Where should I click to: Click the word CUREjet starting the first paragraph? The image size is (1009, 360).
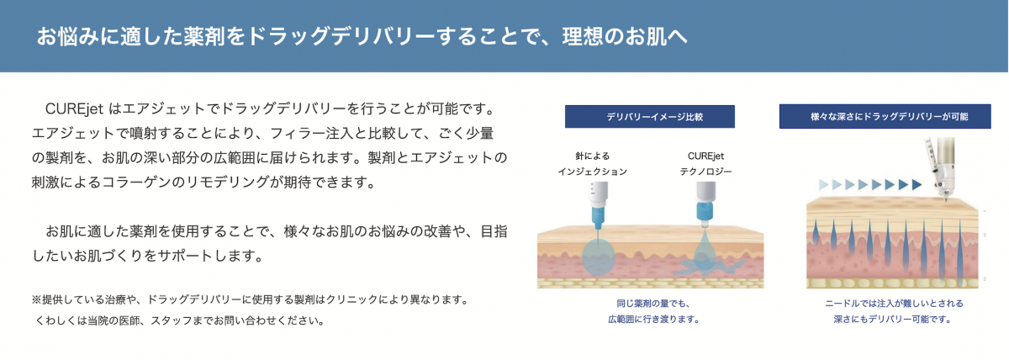(x=74, y=109)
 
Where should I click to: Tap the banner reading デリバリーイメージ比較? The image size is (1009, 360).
(x=649, y=117)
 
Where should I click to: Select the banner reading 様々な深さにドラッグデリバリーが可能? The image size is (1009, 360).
(x=885, y=116)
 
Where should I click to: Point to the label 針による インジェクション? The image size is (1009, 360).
(x=592, y=163)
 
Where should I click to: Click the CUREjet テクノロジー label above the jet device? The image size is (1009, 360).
(x=705, y=163)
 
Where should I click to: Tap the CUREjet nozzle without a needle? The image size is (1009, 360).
(x=705, y=204)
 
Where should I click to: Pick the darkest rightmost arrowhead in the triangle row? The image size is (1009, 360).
(x=917, y=184)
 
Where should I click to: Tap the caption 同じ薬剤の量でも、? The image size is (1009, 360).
(x=653, y=304)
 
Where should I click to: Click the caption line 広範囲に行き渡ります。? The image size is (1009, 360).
(x=653, y=320)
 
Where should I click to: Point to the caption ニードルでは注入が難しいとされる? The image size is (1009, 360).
(x=894, y=304)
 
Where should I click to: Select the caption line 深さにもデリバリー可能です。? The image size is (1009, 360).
(x=892, y=320)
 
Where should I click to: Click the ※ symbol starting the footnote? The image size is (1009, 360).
(x=36, y=299)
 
